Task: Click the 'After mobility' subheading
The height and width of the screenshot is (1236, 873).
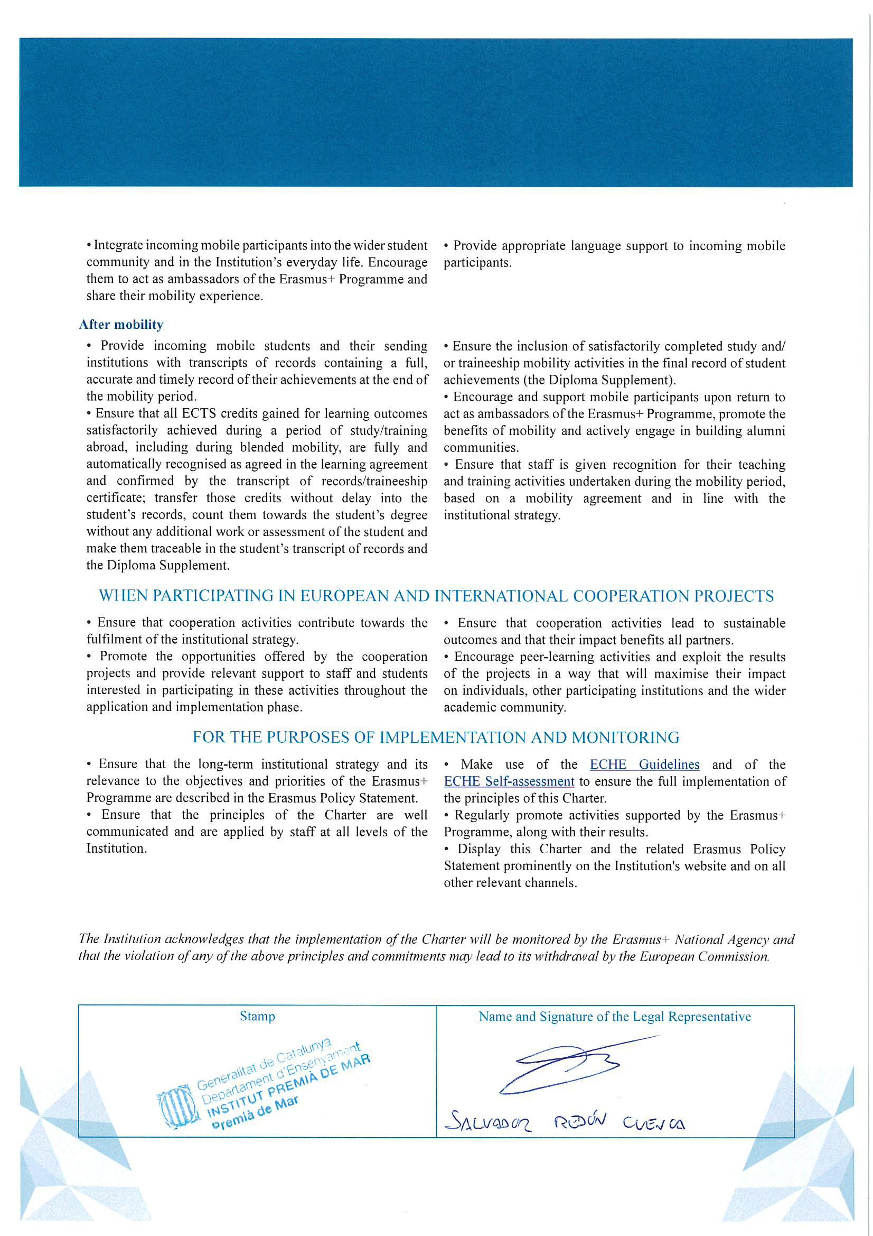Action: [121, 325]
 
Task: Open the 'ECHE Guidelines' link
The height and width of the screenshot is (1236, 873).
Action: [644, 764]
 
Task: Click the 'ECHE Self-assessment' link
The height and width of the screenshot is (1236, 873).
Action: [509, 781]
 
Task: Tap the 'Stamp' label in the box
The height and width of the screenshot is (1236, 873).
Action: [257, 1017]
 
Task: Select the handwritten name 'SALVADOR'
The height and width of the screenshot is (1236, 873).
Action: [489, 1122]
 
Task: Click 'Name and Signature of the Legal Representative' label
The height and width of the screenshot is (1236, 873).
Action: [615, 1017]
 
